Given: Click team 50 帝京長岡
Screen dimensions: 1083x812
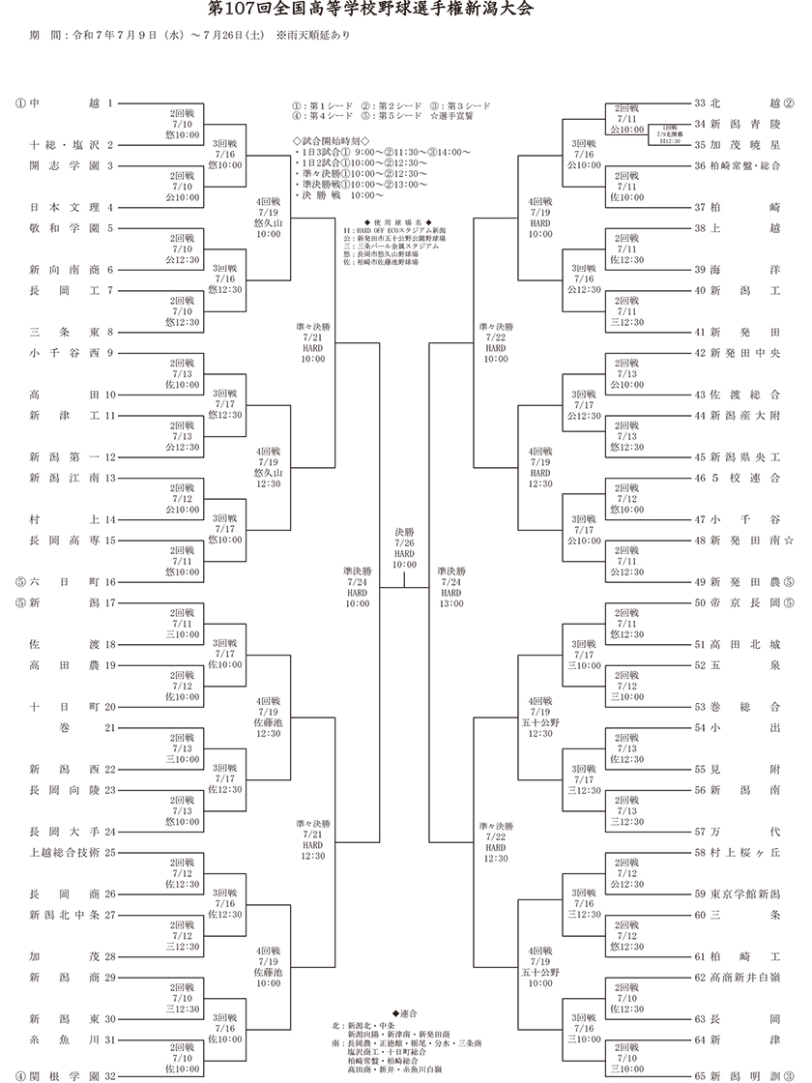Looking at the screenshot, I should click(x=739, y=602).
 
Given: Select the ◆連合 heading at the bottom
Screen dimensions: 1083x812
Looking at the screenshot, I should click(x=406, y=1012).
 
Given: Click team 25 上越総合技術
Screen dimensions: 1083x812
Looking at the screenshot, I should click(x=72, y=852).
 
